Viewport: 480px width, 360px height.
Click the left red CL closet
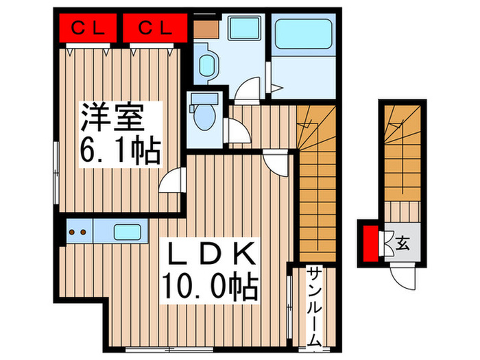(x=88, y=29)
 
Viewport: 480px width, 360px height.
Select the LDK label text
(x=208, y=255)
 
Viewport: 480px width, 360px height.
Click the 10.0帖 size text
(x=208, y=286)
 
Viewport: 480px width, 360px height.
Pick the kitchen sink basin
(x=128, y=231)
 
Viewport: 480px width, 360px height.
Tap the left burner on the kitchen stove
(x=74, y=232)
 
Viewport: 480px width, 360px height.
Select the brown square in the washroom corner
(x=204, y=29)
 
